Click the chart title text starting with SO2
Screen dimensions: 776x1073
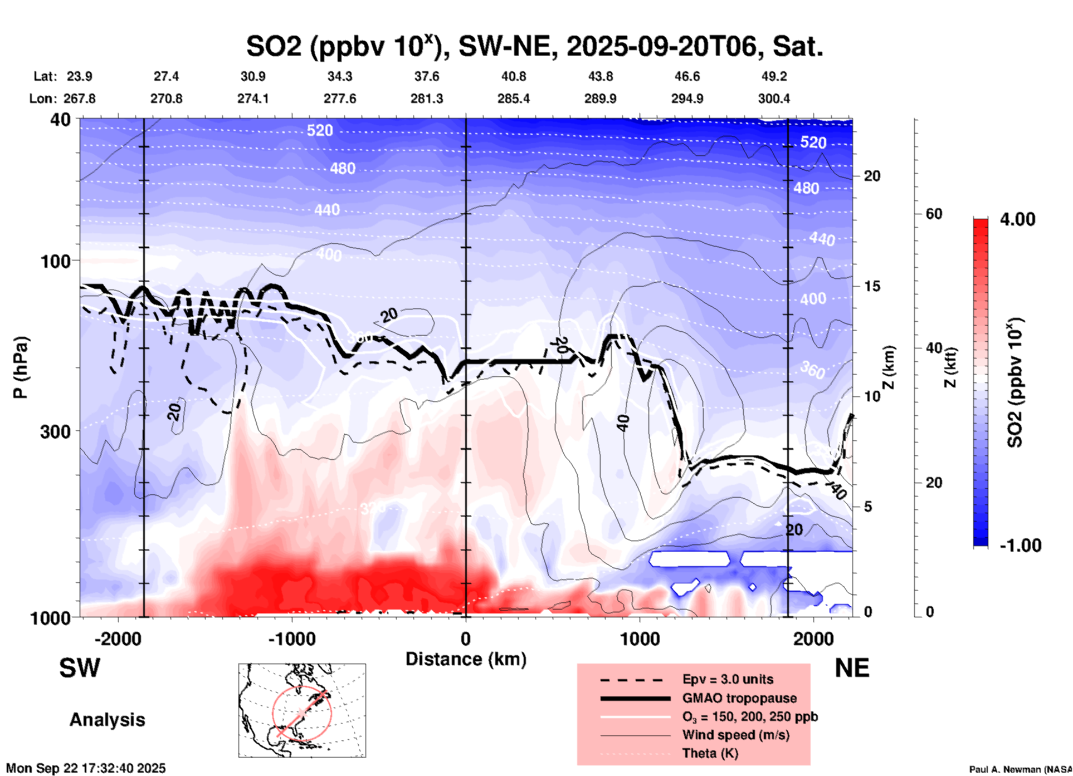point(534,47)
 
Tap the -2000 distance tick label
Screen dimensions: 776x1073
point(118,639)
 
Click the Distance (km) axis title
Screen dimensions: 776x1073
point(466,659)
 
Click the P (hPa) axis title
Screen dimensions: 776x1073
point(21,367)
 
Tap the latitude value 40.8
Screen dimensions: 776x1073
point(513,76)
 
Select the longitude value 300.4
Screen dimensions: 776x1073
point(774,99)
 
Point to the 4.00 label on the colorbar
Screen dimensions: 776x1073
point(1017,219)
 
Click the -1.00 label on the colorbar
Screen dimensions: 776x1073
point(1020,546)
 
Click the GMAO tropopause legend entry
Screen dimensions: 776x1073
point(739,698)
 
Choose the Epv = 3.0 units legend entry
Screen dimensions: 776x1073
point(728,679)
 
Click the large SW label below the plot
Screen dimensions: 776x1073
point(80,668)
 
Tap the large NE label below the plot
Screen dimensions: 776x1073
point(852,668)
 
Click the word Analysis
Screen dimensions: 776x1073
point(107,720)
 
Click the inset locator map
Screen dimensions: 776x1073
point(302,710)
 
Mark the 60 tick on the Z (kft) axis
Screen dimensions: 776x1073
point(934,214)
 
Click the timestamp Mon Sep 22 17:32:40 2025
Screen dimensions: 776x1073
point(86,768)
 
